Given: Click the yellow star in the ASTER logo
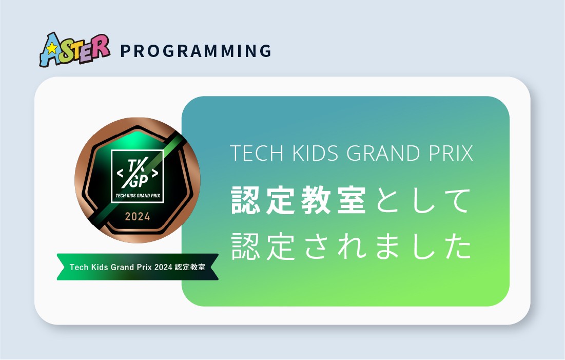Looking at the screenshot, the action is coord(52,48).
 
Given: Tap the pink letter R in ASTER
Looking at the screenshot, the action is coord(101,46).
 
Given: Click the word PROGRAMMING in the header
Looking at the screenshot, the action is coord(196,51).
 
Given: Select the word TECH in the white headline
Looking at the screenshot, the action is coord(257,153).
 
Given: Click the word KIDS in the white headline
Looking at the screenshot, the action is coord(315,153).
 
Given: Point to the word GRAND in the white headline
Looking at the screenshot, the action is coord(383,153).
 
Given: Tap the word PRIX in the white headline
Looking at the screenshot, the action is coord(451,153).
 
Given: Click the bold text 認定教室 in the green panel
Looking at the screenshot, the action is coord(299,200).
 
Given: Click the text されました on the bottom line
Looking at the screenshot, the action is coord(388,246).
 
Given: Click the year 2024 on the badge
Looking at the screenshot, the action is coord(138,216).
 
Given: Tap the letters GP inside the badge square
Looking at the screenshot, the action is coord(139,181).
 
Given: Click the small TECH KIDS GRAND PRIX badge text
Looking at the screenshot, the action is coord(138,196).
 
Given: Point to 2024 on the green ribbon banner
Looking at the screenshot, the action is coord(163,267).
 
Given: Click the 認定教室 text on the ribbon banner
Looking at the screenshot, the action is coord(190,267).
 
